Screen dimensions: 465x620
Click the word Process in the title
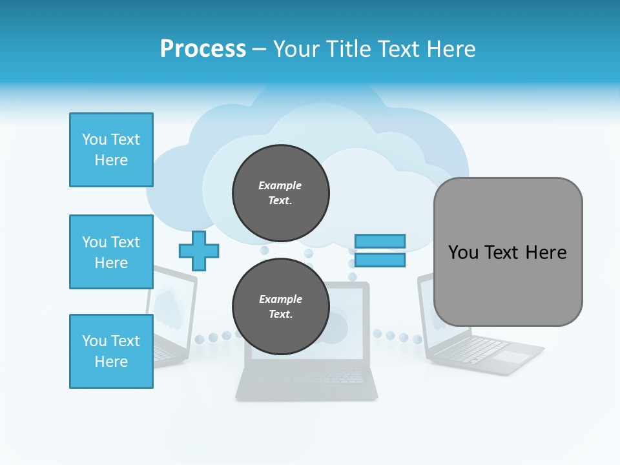click(203, 49)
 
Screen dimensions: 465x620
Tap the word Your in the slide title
click(299, 49)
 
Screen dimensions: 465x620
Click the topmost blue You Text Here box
click(111, 150)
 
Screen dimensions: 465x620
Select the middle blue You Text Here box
click(111, 252)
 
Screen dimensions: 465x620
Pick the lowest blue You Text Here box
click(111, 351)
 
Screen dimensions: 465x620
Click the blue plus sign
click(199, 251)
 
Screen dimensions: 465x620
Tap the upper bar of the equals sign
click(380, 241)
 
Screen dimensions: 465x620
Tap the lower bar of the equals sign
click(380, 260)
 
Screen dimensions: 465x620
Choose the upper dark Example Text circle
click(280, 192)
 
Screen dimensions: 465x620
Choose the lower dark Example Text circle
click(280, 306)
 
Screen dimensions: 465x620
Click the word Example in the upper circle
click(280, 185)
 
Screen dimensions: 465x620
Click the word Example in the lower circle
click(280, 299)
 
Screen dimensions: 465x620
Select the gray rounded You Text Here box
click(508, 252)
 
